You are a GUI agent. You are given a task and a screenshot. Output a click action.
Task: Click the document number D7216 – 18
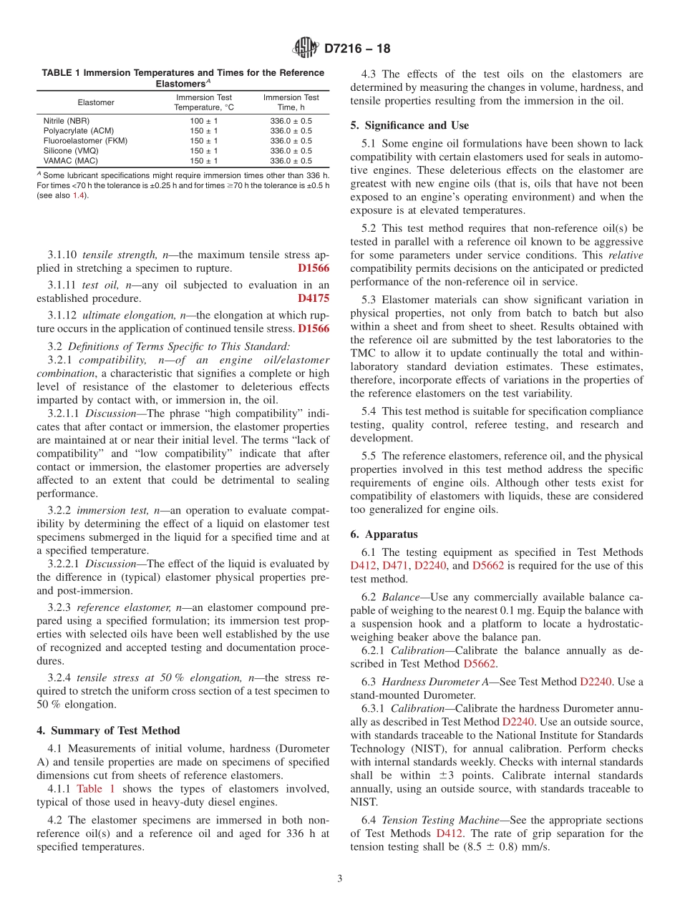click(357, 49)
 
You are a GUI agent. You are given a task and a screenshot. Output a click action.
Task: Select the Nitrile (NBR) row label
click(67, 121)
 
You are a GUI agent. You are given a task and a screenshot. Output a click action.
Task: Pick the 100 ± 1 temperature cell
click(204, 121)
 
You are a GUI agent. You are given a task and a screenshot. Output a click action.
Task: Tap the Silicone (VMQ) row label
click(72, 151)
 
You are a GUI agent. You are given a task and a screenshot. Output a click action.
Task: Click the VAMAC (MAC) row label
click(70, 161)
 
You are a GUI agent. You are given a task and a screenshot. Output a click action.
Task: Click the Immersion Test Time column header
click(291, 102)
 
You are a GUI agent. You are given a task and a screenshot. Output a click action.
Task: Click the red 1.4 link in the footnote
click(79, 196)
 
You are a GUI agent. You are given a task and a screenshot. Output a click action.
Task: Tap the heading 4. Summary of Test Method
click(108, 730)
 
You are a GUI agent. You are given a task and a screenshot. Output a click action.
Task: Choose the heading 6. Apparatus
click(384, 534)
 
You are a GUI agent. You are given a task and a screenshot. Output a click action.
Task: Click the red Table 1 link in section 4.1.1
click(95, 788)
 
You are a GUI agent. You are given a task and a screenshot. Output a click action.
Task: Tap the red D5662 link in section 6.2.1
click(480, 663)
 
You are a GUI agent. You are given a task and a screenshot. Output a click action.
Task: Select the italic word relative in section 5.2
click(625, 255)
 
